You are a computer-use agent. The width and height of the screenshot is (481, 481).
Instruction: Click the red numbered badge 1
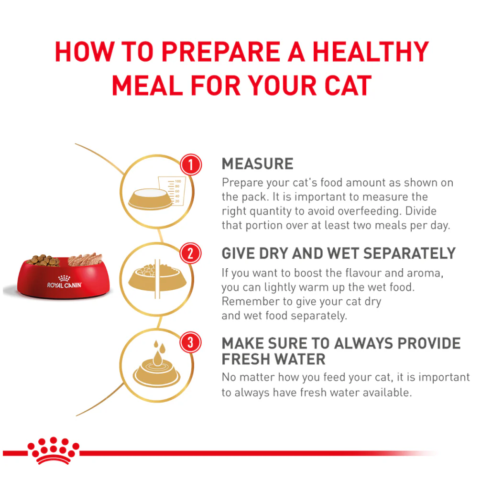[x=191, y=165]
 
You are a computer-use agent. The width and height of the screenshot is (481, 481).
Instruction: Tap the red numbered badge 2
[x=190, y=253]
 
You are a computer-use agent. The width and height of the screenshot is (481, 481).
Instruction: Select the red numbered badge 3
[x=190, y=342]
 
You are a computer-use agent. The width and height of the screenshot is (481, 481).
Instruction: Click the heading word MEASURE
[x=257, y=164]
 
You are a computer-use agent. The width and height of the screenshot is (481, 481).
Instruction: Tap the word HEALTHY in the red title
[x=371, y=52]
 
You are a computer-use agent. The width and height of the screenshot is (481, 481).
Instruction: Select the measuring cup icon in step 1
[x=172, y=191]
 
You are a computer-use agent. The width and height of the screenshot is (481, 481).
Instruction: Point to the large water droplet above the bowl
[x=157, y=358]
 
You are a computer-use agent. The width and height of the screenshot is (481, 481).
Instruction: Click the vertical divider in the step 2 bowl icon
[x=157, y=279]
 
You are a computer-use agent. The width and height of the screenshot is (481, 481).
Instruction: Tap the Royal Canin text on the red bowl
[x=65, y=285]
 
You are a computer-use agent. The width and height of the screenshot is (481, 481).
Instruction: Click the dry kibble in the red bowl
[x=43, y=261]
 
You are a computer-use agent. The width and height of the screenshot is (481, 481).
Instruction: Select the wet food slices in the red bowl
[x=85, y=259]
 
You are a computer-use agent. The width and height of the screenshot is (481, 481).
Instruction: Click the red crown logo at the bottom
[x=54, y=450]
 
